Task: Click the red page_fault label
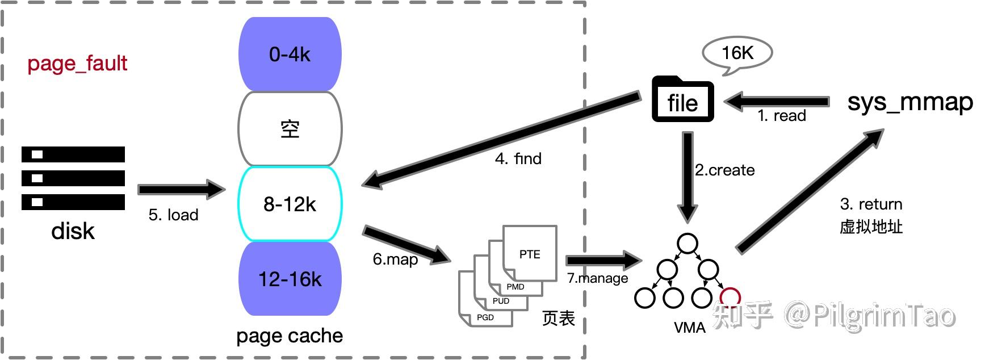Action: coord(77,63)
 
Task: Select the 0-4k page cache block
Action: coord(290,55)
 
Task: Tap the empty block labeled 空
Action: coord(290,129)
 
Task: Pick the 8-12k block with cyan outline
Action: coord(290,204)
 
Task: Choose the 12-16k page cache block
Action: coord(290,279)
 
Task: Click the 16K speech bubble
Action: coord(737,53)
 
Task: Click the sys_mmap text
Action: coord(910,102)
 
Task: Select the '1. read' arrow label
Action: coord(782,116)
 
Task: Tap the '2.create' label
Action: coord(725,170)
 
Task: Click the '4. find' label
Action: coord(518,158)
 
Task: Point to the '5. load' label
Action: coord(173,215)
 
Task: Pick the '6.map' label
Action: coord(395,259)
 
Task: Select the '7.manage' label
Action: coord(597,278)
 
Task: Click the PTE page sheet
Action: coord(530,253)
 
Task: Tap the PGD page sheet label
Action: coord(485,317)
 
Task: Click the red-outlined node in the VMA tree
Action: coord(730,296)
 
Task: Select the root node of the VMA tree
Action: coord(687,244)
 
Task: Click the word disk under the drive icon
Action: coord(73,231)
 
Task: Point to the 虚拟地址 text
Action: coord(871,227)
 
